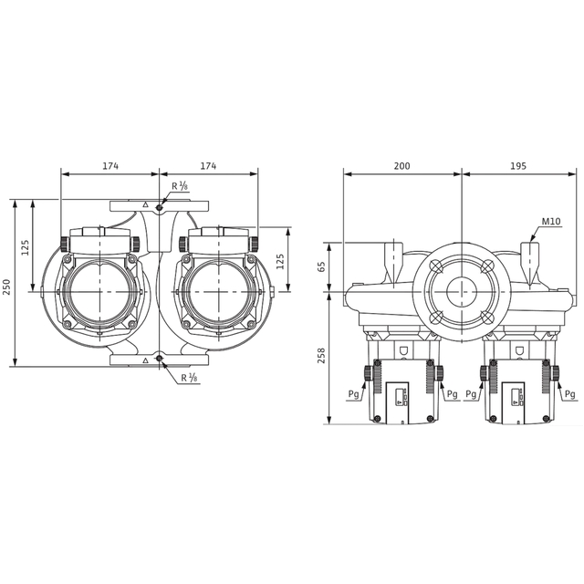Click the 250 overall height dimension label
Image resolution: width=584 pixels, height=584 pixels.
(7, 287)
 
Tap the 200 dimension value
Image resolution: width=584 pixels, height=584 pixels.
(401, 166)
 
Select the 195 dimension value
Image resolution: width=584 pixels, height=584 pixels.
(518, 166)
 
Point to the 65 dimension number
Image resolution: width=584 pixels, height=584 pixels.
(321, 266)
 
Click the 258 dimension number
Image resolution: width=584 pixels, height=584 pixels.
(321, 356)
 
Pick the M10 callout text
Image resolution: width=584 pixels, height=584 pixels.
(551, 221)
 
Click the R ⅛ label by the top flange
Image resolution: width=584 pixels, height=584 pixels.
(180, 186)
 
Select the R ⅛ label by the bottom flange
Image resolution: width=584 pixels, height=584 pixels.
(189, 378)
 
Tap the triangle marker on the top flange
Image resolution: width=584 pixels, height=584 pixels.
(146, 204)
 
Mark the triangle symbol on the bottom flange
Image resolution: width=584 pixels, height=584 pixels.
(146, 360)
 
